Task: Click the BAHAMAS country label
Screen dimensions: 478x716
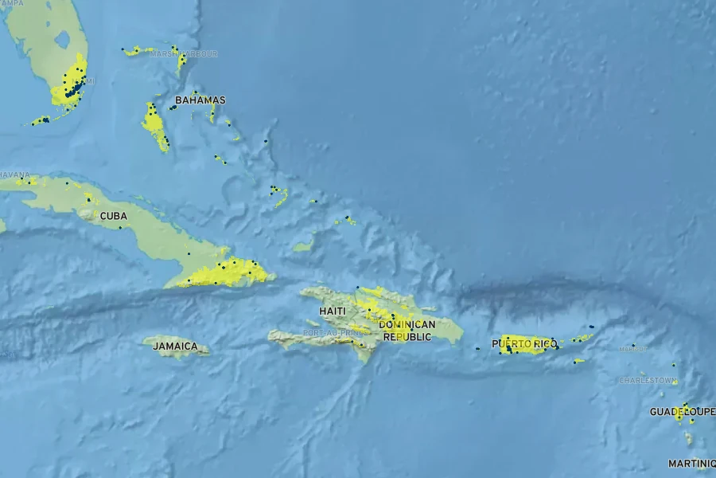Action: click(200, 100)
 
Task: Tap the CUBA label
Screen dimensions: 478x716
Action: click(113, 216)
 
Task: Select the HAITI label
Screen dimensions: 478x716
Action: click(333, 311)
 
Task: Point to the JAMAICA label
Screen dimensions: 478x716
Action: click(175, 347)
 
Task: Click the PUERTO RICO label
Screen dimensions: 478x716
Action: click(524, 344)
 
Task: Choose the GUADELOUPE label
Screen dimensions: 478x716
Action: click(682, 412)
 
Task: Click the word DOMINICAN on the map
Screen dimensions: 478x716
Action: click(407, 325)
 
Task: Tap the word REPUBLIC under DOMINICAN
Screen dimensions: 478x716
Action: click(407, 337)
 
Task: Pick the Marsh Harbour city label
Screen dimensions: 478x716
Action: click(183, 54)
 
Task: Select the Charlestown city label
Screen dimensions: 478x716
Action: click(648, 381)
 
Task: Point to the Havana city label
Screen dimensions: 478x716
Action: click(14, 174)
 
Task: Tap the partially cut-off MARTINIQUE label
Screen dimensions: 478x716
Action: click(691, 464)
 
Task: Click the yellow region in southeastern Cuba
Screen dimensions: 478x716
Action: click(219, 273)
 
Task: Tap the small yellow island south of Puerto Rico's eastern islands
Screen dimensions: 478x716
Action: click(578, 362)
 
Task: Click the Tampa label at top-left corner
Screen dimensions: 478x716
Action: click(11, 3)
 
